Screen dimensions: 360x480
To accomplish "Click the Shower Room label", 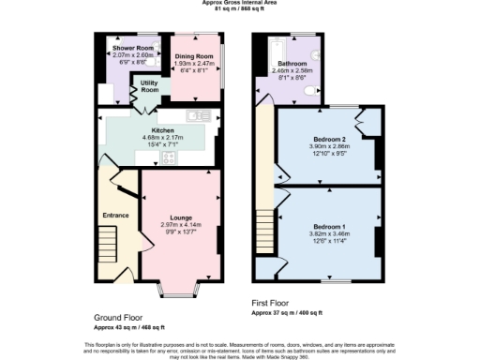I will point(133,47).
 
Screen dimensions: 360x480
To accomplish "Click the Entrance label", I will point(115,215).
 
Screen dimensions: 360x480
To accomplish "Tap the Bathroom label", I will point(292,63).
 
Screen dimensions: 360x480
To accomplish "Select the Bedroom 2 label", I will point(328,139).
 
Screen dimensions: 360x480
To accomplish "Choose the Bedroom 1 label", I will point(329,228).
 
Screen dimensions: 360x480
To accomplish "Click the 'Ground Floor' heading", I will point(118,317).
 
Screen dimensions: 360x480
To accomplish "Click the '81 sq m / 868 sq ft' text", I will point(240,9).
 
